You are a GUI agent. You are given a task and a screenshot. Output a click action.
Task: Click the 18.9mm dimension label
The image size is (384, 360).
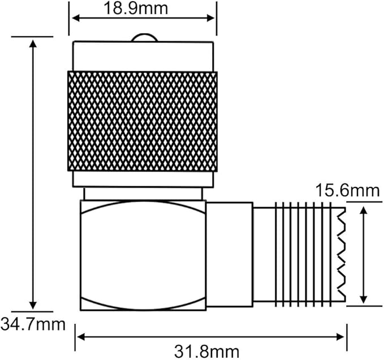[136, 8]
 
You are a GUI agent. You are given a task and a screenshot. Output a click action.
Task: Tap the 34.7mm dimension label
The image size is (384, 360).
[33, 324]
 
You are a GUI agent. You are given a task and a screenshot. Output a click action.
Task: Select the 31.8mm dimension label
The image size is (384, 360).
[206, 352]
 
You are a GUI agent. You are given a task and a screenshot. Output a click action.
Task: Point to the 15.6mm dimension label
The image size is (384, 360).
[348, 190]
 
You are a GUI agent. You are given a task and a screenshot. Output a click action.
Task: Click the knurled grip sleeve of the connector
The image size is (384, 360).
[143, 121]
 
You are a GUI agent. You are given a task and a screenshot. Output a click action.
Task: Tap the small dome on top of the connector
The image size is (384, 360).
[144, 38]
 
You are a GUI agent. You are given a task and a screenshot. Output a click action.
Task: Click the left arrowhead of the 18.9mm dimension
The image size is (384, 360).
[76, 18]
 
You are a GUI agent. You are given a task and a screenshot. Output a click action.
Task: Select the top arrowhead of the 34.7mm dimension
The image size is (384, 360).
[33, 43]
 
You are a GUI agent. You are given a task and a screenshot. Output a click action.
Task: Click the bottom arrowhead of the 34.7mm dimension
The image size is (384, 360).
[33, 306]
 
